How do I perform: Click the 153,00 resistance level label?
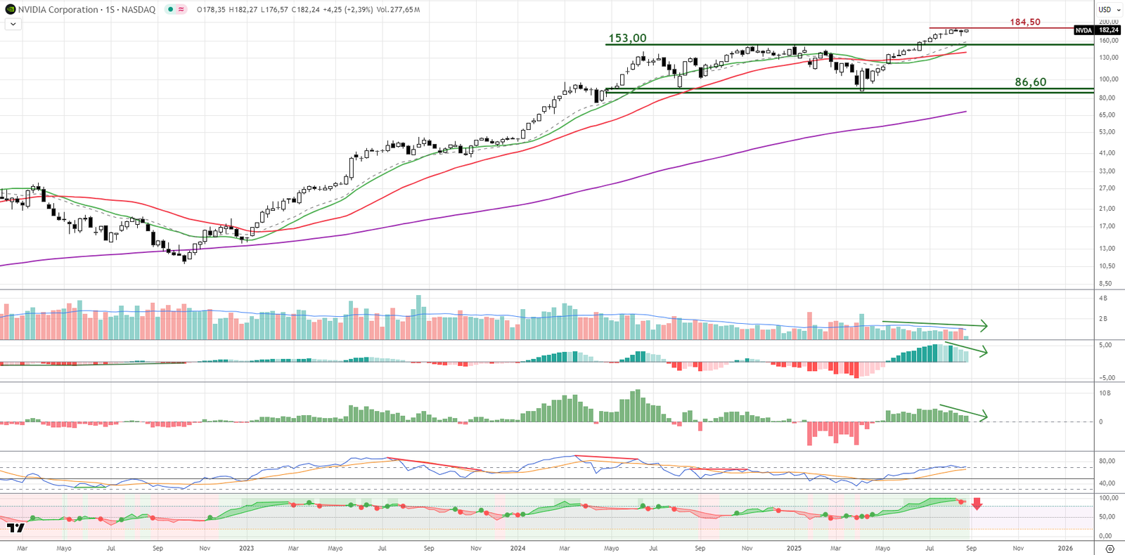627,38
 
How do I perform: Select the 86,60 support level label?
1030,82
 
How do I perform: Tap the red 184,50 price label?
1025,22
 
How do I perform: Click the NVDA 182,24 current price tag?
1097,30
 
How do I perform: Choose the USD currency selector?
1109,10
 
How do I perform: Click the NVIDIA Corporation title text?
58,10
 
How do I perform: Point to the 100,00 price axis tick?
1109,79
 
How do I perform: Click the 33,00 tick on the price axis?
1107,171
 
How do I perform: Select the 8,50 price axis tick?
1106,284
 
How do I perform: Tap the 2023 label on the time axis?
246,548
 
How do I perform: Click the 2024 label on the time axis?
517,548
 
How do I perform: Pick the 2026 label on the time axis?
1065,548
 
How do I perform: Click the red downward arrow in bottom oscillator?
977,504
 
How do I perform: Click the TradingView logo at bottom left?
15,528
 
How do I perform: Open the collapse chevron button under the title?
13,24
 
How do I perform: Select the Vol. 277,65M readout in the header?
398,10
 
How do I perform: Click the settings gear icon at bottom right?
1110,549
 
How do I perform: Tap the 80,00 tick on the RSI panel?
1107,462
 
